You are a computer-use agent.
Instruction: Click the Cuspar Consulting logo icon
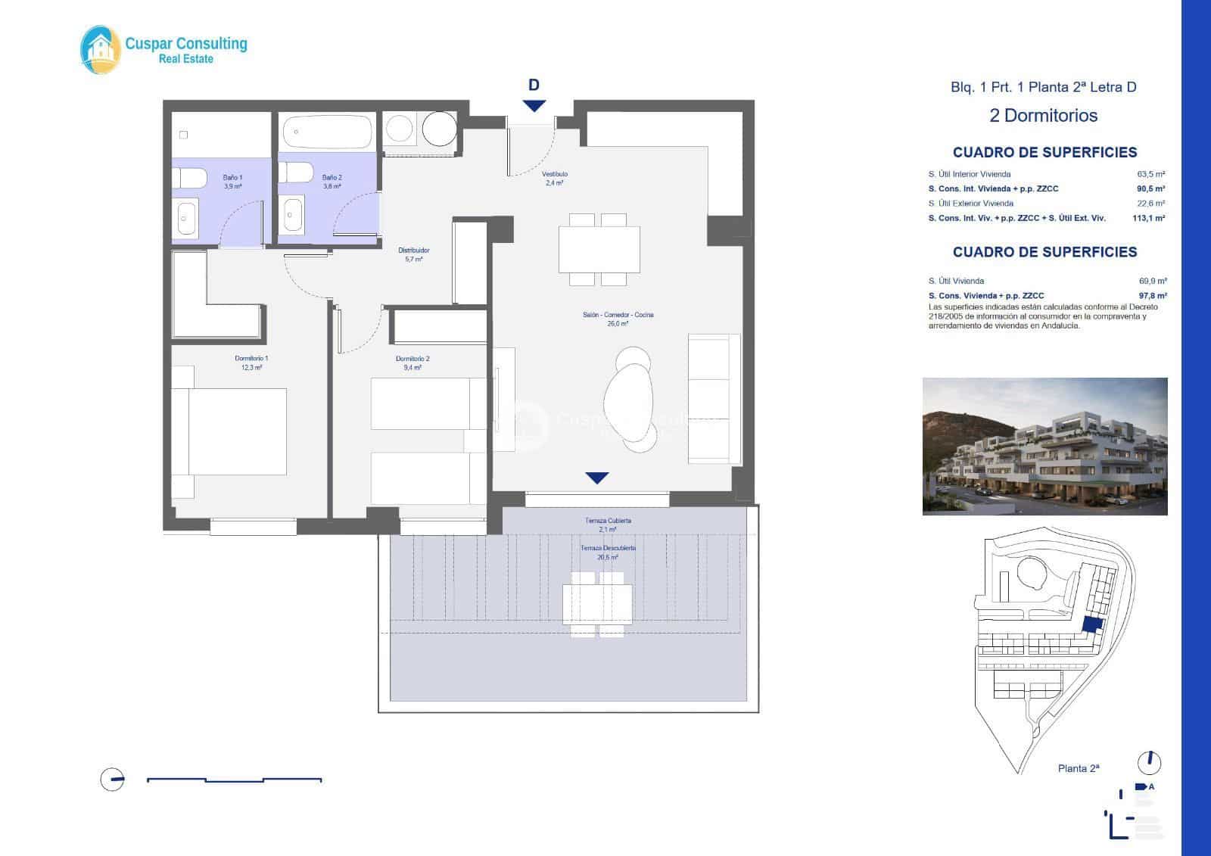click(101, 50)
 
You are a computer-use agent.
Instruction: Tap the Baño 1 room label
click(232, 181)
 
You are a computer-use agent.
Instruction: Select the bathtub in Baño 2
click(328, 131)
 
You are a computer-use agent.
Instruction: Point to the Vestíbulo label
click(555, 178)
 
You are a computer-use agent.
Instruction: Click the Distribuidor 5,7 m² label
click(414, 254)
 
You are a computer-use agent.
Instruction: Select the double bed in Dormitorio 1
click(229, 431)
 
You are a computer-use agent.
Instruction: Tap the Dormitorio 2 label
click(412, 363)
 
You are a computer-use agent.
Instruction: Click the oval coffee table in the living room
click(629, 400)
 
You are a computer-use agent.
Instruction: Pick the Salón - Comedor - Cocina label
click(618, 319)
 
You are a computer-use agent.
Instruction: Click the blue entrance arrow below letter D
click(534, 106)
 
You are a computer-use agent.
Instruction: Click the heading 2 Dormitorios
click(1043, 116)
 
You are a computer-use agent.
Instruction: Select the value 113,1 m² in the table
click(1148, 218)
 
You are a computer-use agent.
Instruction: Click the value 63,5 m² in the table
click(1151, 174)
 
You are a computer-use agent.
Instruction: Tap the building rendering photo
click(1044, 447)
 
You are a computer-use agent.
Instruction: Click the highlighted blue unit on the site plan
click(1091, 624)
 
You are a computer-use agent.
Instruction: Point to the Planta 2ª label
click(1078, 768)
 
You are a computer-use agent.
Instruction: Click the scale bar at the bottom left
click(234, 780)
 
